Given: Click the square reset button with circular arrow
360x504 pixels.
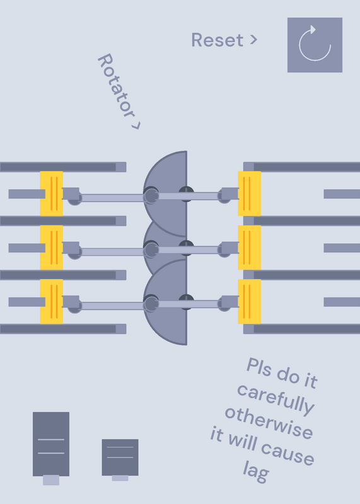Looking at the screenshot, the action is click(315, 45).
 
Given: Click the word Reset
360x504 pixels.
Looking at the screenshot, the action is click(218, 40).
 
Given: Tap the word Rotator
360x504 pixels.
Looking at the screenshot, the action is click(116, 86).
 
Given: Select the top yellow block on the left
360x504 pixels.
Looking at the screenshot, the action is click(52, 193).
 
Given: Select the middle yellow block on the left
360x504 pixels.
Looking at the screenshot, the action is click(52, 248).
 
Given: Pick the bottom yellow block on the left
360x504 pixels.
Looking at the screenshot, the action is click(52, 302).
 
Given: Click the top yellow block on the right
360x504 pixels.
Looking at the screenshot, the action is click(249, 193).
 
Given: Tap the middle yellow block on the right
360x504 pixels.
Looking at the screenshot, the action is click(249, 248).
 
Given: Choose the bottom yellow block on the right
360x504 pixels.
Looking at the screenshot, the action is click(249, 302).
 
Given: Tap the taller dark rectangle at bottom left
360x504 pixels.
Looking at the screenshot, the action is click(51, 444).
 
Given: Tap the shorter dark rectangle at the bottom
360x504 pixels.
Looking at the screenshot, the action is click(120, 457).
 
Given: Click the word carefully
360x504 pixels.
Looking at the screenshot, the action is click(276, 399).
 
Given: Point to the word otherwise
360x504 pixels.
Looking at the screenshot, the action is click(269, 423).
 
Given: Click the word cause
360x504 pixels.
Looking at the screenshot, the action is click(287, 452).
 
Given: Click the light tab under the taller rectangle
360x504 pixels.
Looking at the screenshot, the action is click(51, 480).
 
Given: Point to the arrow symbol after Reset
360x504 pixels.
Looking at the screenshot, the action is click(254, 40).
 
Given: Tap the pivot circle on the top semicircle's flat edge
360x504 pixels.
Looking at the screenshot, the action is click(186, 194).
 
